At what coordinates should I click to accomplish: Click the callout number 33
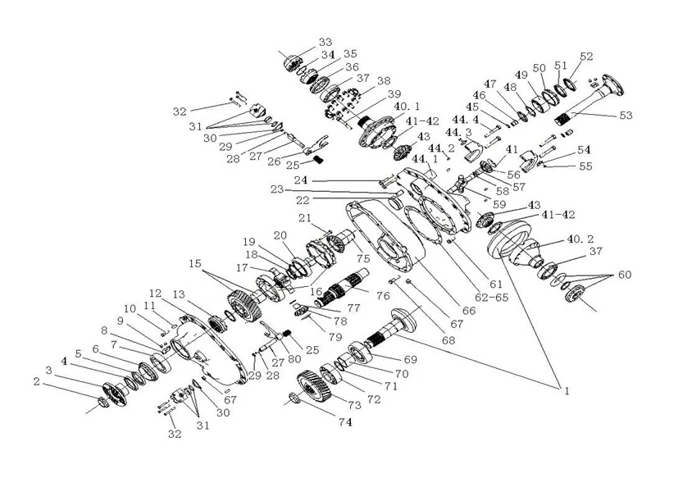[x=326, y=41]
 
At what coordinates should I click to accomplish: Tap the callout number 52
[x=586, y=57]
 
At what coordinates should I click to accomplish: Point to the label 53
[x=626, y=116]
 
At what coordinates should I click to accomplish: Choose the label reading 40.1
[x=408, y=107]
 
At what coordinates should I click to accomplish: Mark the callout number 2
[x=36, y=380]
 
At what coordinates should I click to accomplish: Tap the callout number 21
[x=304, y=218]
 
